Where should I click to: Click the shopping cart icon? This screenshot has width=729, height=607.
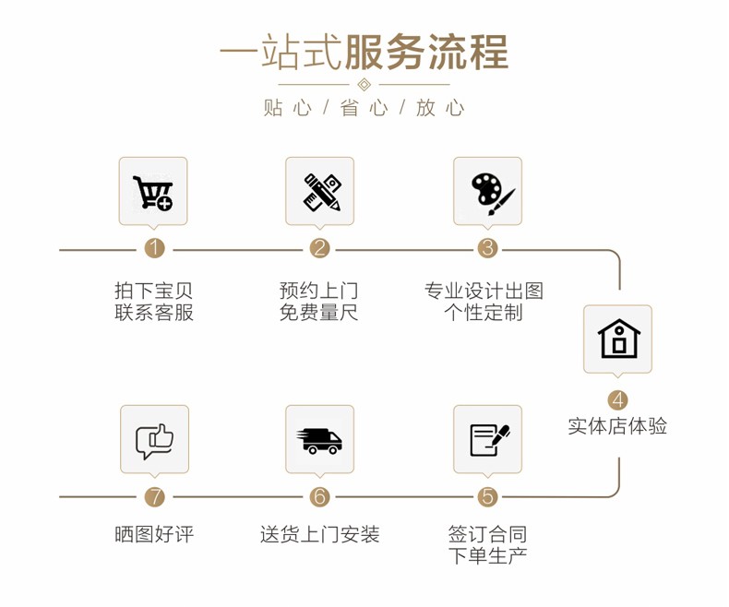[152, 193]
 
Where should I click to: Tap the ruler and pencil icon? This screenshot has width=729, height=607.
[322, 192]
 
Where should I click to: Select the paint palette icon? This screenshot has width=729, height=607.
[493, 195]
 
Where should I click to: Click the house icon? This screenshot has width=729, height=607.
[618, 339]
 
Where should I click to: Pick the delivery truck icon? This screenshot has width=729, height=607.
[319, 441]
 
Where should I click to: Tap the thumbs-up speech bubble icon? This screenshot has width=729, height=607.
[154, 441]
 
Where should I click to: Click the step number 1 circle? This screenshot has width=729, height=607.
[154, 248]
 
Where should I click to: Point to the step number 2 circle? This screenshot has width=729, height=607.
[319, 248]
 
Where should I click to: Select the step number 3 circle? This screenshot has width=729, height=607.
[487, 248]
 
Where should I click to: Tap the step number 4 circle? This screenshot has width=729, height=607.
[617, 400]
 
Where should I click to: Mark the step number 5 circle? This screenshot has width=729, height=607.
[487, 497]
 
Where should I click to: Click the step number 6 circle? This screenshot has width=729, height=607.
[319, 497]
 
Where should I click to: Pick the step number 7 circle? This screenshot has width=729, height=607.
[154, 497]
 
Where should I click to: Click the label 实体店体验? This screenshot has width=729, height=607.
[617, 426]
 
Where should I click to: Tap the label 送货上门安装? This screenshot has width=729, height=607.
[320, 534]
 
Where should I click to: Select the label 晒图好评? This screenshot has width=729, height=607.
[154, 534]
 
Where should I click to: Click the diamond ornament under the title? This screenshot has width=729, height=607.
[364, 85]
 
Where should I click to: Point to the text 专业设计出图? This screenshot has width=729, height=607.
[484, 291]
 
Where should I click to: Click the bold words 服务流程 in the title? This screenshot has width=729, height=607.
[426, 52]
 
